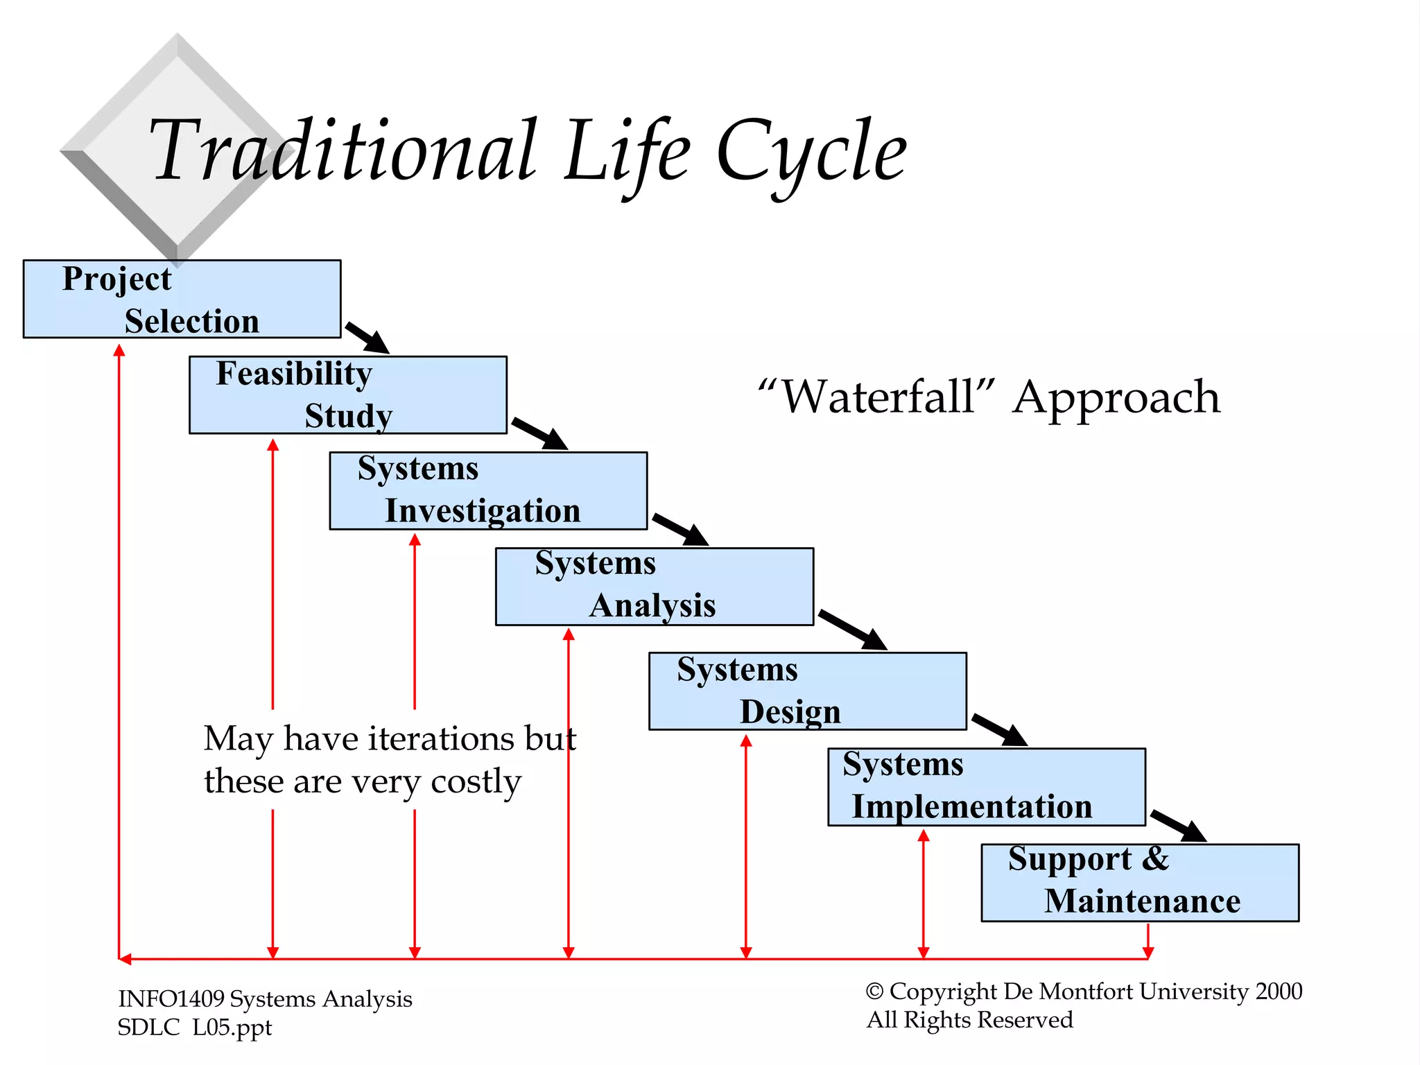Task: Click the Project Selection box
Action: pos(182,299)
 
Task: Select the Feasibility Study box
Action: pos(347,395)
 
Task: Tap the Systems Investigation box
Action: pos(488,490)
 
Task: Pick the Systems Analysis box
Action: pos(654,586)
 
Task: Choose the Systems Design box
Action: pos(807,691)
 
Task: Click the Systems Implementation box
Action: pos(986,786)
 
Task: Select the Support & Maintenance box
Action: pos(1139,882)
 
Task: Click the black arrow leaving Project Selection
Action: pos(367,338)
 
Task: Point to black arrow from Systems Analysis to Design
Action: pos(852,630)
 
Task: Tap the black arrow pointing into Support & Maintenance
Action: pos(1178,825)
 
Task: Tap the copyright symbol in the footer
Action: pos(874,992)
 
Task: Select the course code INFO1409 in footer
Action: pos(171,999)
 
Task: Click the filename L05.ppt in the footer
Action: pos(232,1028)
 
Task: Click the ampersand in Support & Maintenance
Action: pos(1155,858)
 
